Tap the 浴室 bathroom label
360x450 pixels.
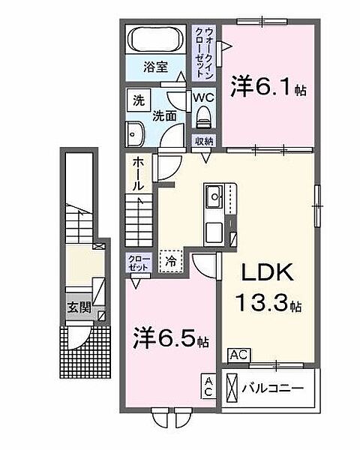[x=155, y=67]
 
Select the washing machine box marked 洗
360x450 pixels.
[x=139, y=100]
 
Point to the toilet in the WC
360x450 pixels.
[x=204, y=118]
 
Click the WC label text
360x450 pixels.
[x=203, y=97]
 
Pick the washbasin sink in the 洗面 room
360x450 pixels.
[x=135, y=134]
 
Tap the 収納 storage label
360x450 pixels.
[x=204, y=142]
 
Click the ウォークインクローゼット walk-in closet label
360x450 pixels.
[x=204, y=53]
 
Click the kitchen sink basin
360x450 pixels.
[x=214, y=196]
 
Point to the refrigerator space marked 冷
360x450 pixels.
[x=171, y=261]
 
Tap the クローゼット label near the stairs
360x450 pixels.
[x=139, y=262]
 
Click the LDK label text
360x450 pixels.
[x=267, y=272]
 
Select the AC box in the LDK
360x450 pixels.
[x=239, y=355]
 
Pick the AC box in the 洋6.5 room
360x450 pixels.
[x=208, y=386]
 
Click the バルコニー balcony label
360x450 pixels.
[x=272, y=388]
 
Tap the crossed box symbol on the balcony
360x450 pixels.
[x=232, y=388]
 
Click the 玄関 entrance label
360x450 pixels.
[x=79, y=307]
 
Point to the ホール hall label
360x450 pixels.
[x=138, y=174]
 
